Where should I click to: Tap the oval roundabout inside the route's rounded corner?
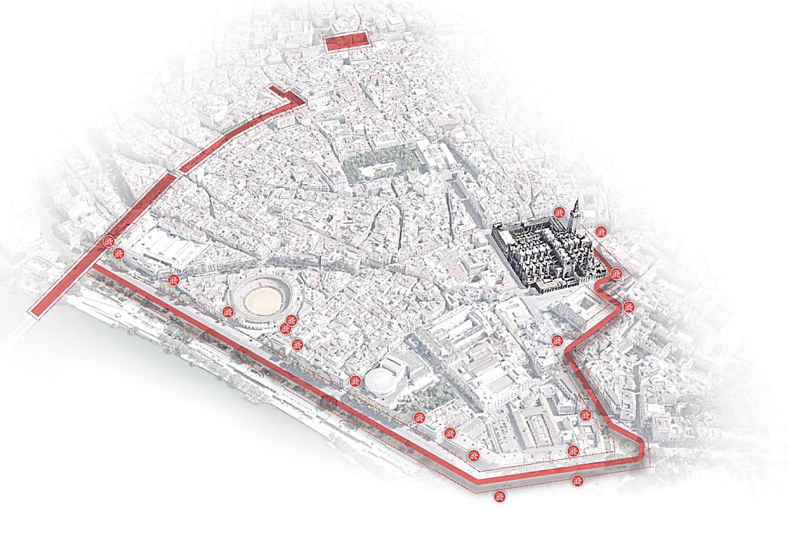tap(629, 447)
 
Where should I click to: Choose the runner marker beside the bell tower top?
tap(559, 212)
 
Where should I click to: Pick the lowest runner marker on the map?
tap(500, 497)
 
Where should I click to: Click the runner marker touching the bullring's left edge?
tap(229, 311)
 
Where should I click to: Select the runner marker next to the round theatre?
tap(355, 381)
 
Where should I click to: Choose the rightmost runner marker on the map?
tap(628, 307)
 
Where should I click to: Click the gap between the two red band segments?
tap(176, 173)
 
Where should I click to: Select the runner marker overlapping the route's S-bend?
tap(558, 340)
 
